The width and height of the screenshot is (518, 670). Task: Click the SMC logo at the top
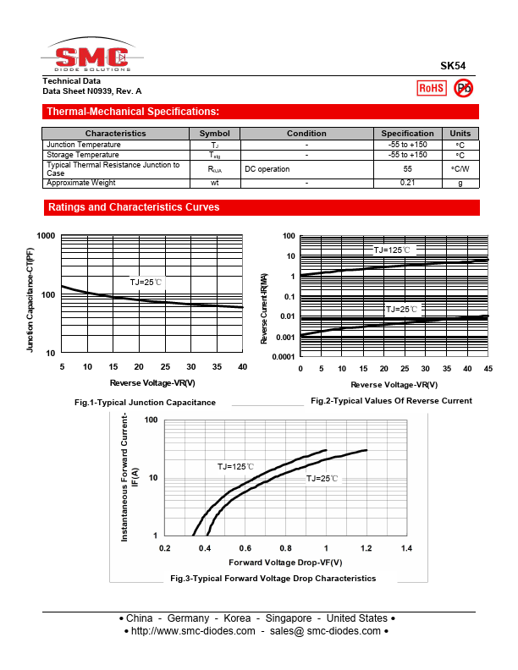[x=91, y=58]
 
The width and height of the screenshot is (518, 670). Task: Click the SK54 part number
[x=452, y=66]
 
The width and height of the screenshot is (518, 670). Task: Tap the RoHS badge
[x=432, y=87]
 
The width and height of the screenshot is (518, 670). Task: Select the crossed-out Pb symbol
[x=464, y=87]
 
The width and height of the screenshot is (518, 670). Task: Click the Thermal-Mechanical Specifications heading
[x=133, y=112]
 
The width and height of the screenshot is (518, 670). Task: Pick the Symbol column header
[x=214, y=134]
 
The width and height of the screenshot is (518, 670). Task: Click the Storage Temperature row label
[x=83, y=155]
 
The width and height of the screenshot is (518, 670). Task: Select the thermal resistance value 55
[x=407, y=169]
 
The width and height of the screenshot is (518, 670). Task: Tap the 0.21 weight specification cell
[x=407, y=183]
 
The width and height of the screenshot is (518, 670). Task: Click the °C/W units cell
[x=460, y=169]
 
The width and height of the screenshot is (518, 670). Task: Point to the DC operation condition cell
[x=267, y=169]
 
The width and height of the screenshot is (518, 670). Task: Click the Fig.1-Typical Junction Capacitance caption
[x=145, y=402]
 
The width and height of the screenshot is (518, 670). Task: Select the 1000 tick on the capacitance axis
[x=46, y=236]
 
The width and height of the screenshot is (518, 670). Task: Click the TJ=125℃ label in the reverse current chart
[x=392, y=250]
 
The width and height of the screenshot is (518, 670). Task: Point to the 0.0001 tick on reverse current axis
[x=284, y=357]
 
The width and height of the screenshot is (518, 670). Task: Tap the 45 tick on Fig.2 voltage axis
[x=488, y=369]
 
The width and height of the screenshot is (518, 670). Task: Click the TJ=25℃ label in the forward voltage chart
[x=322, y=479]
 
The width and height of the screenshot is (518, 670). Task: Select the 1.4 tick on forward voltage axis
[x=406, y=548]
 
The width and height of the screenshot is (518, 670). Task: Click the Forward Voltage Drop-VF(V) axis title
[x=285, y=563]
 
